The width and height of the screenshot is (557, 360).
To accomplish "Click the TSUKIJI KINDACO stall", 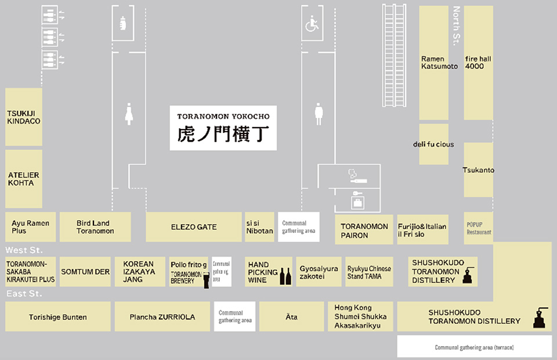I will (23, 117).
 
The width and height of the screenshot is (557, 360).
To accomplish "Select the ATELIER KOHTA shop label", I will (23, 179).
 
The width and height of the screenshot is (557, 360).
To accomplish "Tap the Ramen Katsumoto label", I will (439, 63).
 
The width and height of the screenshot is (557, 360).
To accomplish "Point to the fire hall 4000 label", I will (478, 63).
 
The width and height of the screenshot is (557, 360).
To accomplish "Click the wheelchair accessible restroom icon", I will (312, 24).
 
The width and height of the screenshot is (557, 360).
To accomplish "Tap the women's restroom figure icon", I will (129, 114).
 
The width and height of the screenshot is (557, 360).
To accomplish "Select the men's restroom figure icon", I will (319, 114).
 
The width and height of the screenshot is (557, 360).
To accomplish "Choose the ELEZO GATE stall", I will (193, 227).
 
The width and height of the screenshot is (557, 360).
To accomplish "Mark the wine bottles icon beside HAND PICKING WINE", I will (285, 276).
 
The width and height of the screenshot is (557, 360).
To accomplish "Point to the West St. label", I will (24, 250).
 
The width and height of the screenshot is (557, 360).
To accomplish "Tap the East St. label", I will (24, 294).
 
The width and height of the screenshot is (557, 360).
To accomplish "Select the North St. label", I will (456, 24).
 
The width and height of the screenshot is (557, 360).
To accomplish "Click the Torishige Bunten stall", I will (57, 317).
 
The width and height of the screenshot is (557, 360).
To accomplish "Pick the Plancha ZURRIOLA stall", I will (162, 317).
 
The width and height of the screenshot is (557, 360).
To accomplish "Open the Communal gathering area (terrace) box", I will (474, 347).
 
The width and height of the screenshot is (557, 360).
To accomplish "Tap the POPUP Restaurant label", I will (479, 228).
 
